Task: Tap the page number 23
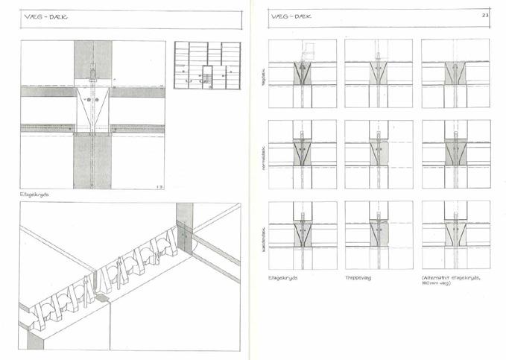484,15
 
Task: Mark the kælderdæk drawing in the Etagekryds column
303,234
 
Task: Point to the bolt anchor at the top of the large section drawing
92,72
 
